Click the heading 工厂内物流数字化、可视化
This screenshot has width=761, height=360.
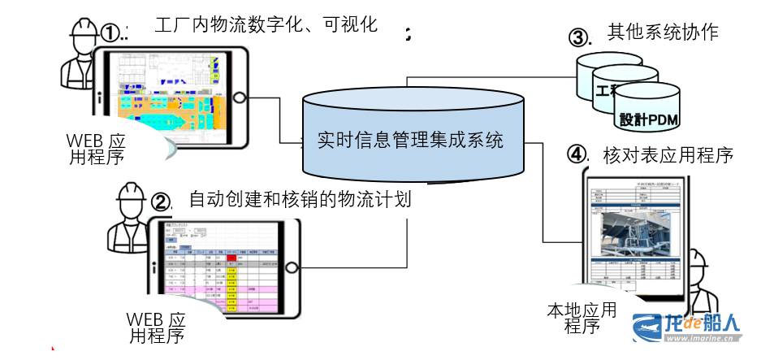[266, 24]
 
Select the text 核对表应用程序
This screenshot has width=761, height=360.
[668, 154]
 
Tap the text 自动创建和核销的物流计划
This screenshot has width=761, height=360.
[299, 199]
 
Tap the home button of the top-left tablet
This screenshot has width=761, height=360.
[240, 96]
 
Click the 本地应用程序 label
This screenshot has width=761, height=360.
[582, 317]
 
